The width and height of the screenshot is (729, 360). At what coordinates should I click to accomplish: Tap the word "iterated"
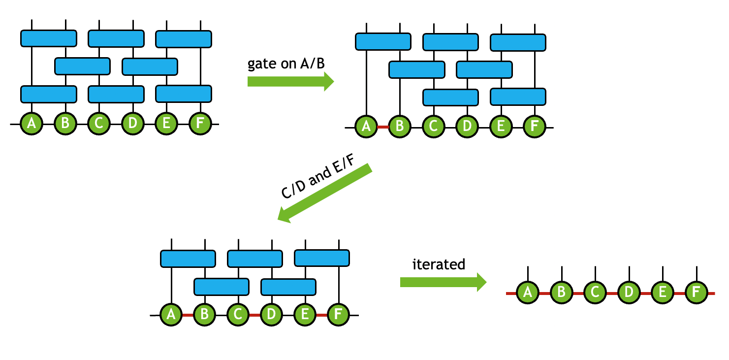[438, 264]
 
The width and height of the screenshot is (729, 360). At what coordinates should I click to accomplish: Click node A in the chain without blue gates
[528, 293]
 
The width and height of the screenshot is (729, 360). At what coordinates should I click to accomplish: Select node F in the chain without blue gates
[696, 293]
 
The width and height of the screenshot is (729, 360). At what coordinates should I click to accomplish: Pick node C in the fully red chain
[595, 293]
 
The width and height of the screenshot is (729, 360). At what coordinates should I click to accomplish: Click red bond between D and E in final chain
[645, 294]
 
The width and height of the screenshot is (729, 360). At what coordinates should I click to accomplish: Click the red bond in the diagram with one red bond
[383, 127]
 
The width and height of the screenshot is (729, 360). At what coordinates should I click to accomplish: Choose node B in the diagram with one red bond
[400, 127]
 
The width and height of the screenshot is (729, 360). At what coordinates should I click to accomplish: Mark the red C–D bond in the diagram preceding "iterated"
[254, 315]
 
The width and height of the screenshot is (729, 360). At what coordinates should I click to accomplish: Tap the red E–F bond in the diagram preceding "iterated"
[321, 315]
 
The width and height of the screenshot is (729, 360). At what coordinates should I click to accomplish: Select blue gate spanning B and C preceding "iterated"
[222, 286]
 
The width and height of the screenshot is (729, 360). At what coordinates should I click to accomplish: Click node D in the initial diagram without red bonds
[132, 124]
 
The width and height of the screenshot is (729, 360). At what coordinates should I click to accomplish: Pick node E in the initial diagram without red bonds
[166, 124]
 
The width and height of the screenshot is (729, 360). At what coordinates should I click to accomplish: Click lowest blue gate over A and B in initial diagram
[49, 93]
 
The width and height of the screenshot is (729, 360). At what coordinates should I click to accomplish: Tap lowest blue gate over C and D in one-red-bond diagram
[450, 97]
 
